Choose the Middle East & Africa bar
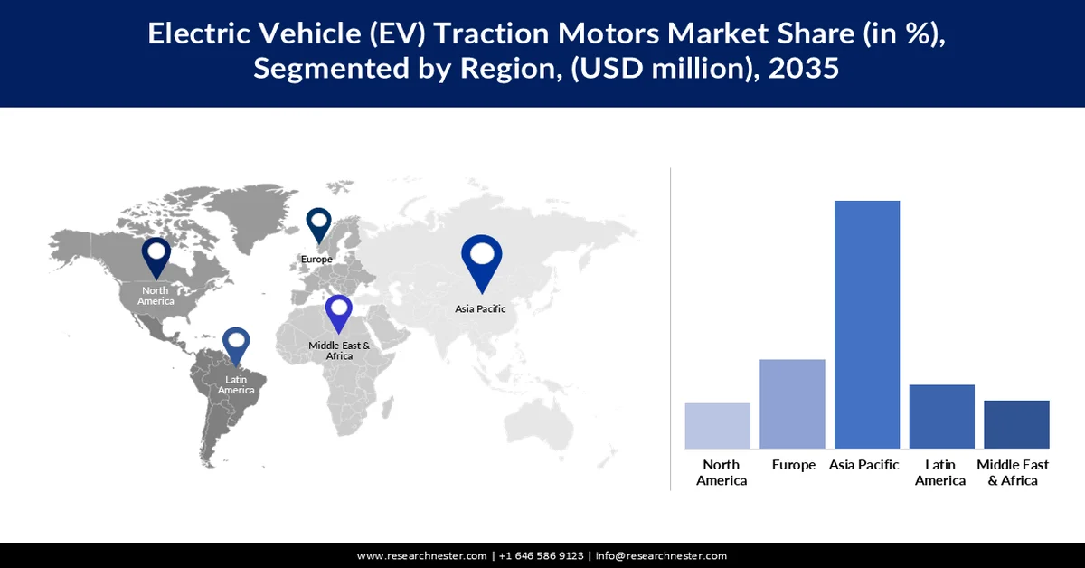[x=1016, y=424]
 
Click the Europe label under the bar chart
[x=793, y=465]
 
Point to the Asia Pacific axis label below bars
[x=864, y=465]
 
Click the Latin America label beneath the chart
[x=940, y=472]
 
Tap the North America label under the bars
[x=722, y=472]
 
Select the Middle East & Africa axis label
[x=1013, y=472]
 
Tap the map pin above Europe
[x=318, y=225]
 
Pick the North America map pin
[x=156, y=257]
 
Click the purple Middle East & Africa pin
[x=339, y=314]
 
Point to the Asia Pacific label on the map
[x=480, y=308]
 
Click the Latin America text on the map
[x=236, y=384]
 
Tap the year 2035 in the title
[x=801, y=68]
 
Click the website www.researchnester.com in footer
[x=422, y=555]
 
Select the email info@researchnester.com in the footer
[x=661, y=555]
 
